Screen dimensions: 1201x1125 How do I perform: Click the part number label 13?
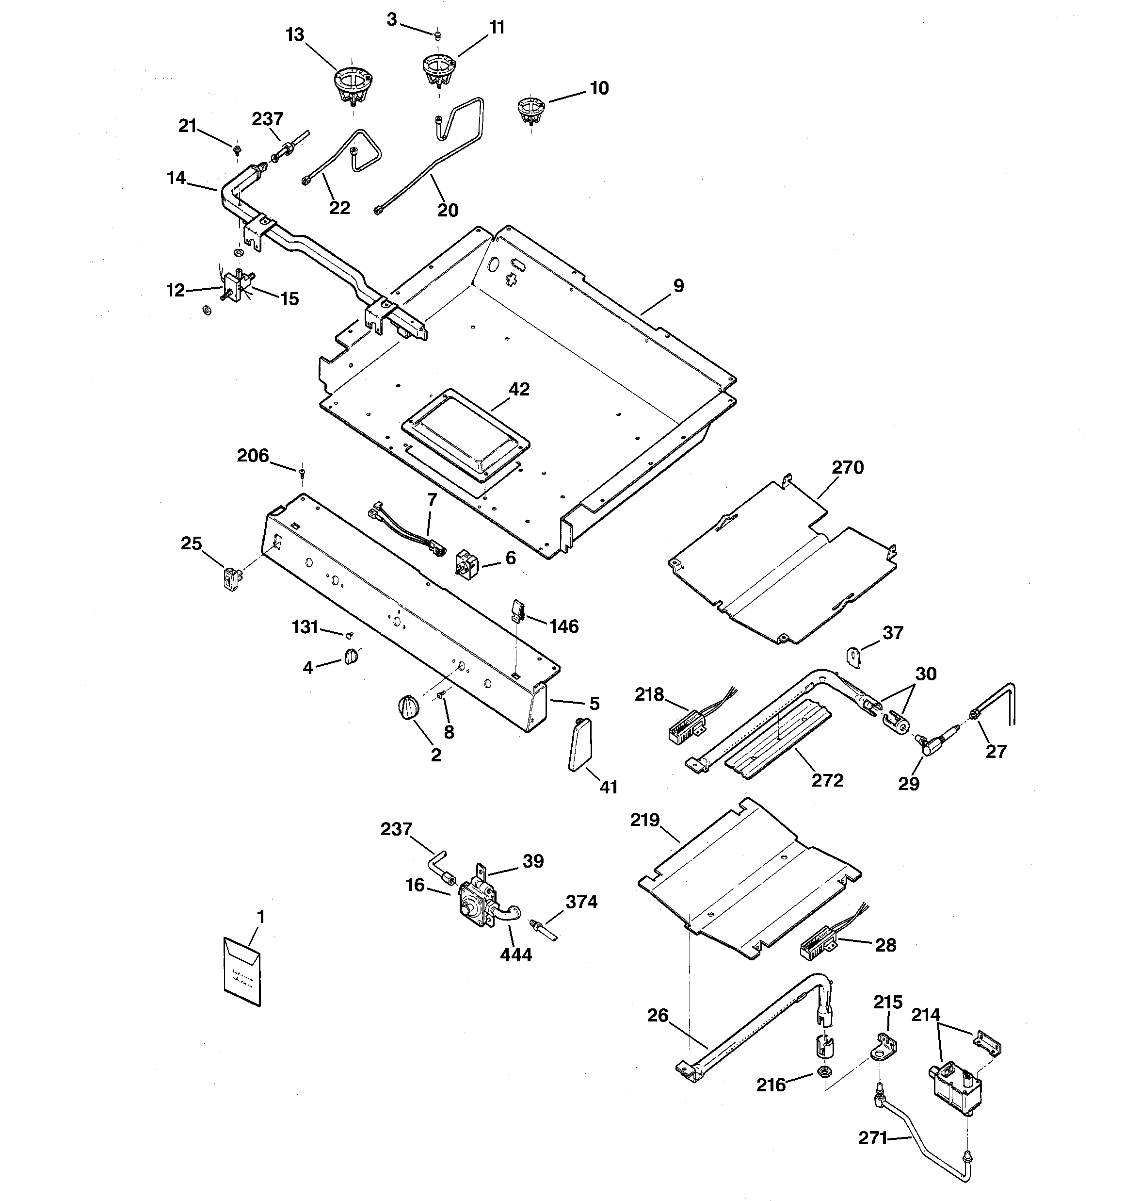pos(295,35)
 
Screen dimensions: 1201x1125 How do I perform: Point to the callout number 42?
pos(519,389)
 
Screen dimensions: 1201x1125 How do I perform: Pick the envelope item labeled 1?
pos(242,972)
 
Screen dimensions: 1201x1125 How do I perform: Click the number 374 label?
pos(581,902)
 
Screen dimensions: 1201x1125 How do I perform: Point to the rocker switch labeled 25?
pos(230,579)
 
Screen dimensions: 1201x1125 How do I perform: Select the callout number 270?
pos(848,468)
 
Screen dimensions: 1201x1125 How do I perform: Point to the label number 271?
pos(872,1138)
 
